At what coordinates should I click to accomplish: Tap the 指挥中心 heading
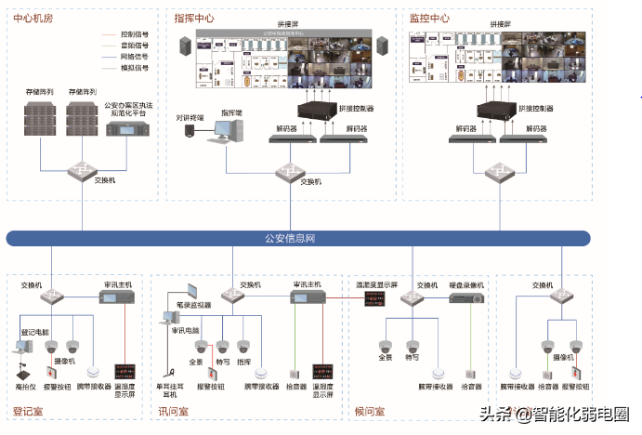195,18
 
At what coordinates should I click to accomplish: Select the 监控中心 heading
429,18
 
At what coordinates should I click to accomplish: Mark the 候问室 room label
372,410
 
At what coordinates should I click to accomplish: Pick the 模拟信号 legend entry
136,67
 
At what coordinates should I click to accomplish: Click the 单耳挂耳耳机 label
169,389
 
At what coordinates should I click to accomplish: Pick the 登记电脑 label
34,331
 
